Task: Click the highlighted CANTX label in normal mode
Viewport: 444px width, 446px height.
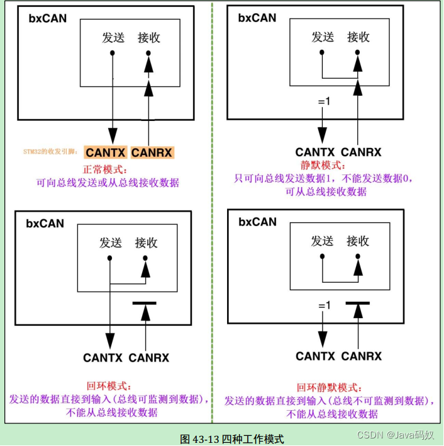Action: click(106, 152)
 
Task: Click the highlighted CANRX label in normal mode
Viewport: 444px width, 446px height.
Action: click(152, 152)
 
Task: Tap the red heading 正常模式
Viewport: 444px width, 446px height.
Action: click(106, 169)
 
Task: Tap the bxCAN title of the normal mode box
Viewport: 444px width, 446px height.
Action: click(47, 18)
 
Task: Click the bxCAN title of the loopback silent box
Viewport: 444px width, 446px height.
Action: click(257, 222)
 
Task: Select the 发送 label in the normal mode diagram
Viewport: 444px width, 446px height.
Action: click(113, 38)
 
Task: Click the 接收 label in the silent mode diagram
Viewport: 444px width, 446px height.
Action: click(358, 37)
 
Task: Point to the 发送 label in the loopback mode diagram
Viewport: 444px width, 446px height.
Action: click(111, 243)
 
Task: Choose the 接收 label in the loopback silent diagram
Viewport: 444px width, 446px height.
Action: click(358, 241)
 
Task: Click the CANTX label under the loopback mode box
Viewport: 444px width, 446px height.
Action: click(103, 358)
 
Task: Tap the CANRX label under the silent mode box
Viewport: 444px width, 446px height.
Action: click(361, 152)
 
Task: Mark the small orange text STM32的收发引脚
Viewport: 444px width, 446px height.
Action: click(51, 152)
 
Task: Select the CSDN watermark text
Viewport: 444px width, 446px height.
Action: click(396, 435)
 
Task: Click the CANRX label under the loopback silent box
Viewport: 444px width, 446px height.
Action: click(361, 356)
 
